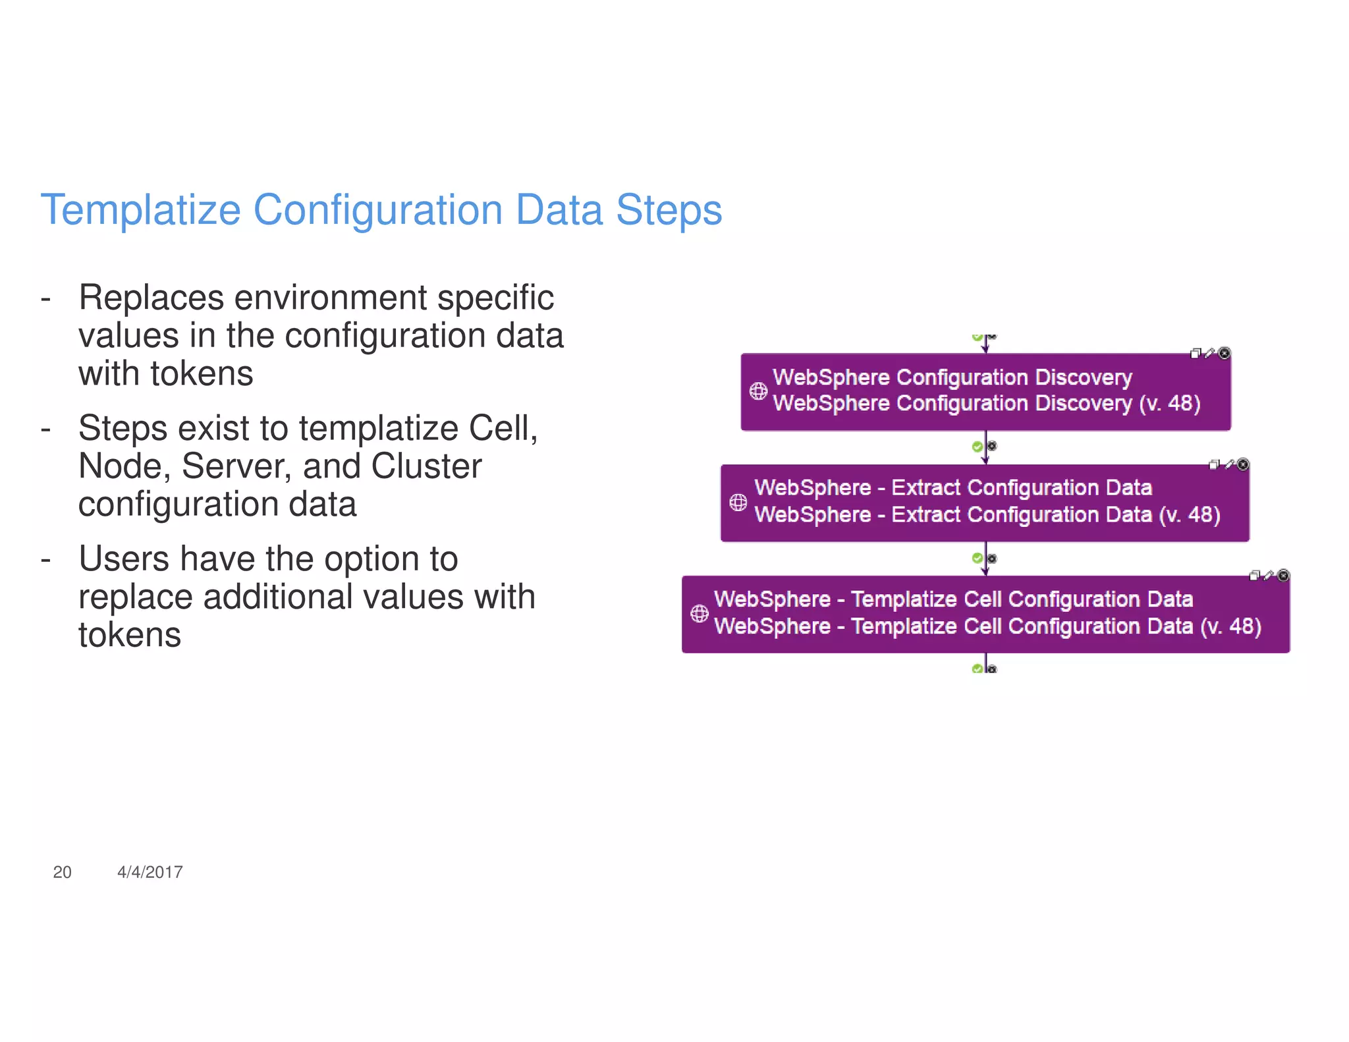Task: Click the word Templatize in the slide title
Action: pos(140,211)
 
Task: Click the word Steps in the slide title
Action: pos(669,211)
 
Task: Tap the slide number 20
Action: pos(62,872)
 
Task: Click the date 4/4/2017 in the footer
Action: pos(150,872)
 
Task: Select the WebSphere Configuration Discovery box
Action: pos(985,391)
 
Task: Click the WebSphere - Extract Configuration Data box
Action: pos(985,503)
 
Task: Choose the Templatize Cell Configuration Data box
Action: pos(985,614)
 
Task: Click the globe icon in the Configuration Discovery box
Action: pos(758,391)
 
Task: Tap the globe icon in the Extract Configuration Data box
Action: pos(738,503)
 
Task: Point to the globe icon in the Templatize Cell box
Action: pos(699,614)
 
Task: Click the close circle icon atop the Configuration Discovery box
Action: pos(1224,354)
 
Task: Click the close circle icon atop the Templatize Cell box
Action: pos(1283,576)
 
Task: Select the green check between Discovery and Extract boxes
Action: pos(977,447)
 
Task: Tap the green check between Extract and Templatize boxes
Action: pos(977,559)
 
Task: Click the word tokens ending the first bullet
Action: pos(202,374)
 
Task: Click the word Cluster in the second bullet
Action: pos(426,466)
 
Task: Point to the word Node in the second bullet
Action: pos(120,466)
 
